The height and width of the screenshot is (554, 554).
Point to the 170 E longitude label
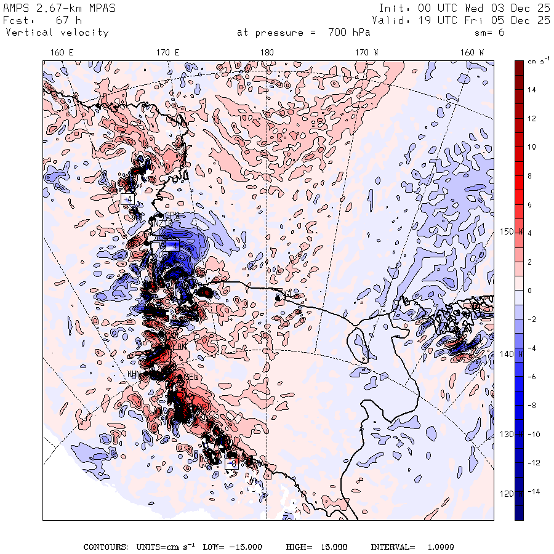pyautogui.click(x=167, y=53)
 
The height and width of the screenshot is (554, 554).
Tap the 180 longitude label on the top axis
pyautogui.click(x=267, y=53)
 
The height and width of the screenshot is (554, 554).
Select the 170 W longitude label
pyautogui.click(x=366, y=53)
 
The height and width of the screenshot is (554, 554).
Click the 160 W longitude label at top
pyautogui.click(x=472, y=53)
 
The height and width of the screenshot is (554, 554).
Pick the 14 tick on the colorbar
pyautogui.click(x=532, y=90)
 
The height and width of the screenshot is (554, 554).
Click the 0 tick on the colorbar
pyautogui.click(x=529, y=291)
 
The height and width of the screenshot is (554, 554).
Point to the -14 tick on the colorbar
pyautogui.click(x=532, y=492)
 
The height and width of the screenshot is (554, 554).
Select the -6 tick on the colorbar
pyautogui.click(x=532, y=377)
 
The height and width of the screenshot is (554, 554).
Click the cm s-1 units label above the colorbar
pyautogui.click(x=537, y=62)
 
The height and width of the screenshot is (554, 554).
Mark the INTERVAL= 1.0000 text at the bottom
pyautogui.click(x=412, y=547)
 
